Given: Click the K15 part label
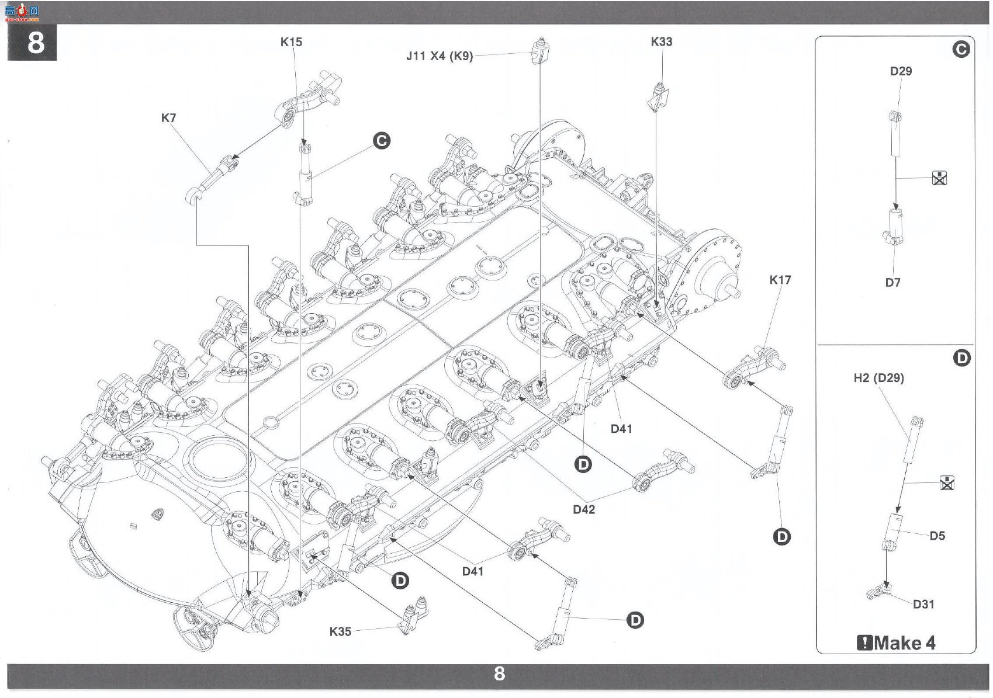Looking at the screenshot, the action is pos(291,42).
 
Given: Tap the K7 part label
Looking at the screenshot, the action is pos(168,118).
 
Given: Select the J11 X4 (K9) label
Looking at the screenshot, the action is pos(440,56).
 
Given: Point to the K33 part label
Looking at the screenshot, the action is pos(662,41).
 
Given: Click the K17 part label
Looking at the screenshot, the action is pos(780,280).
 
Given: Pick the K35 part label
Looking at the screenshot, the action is pos(340,631).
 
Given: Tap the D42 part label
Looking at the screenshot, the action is pos(584,509).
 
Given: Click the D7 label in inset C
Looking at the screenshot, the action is pos(893,283).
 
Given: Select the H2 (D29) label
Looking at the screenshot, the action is pos(879,378).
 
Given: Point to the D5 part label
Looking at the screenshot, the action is pos(937,536).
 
